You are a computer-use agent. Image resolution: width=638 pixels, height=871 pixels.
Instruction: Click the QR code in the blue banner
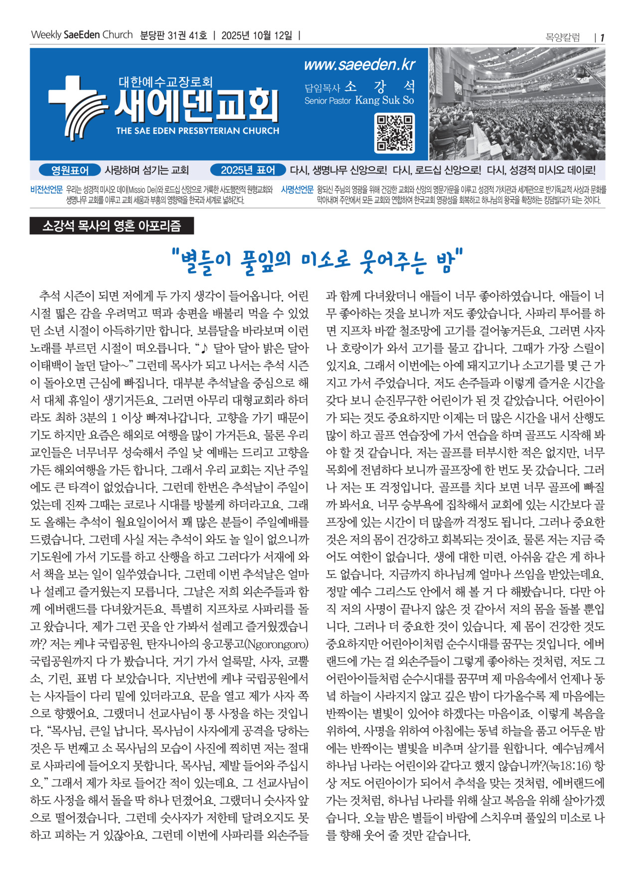pyautogui.click(x=394, y=133)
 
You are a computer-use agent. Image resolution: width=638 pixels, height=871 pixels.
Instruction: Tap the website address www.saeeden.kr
pyautogui.click(x=359, y=65)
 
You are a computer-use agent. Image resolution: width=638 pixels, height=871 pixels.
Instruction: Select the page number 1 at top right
pyautogui.click(x=602, y=38)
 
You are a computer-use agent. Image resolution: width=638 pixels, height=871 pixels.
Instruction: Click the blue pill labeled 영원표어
pyautogui.click(x=70, y=170)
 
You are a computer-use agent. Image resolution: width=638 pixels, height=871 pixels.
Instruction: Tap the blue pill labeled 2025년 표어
pyautogui.click(x=248, y=170)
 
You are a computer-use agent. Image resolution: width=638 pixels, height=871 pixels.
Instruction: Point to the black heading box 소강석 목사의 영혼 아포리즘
pyautogui.click(x=112, y=226)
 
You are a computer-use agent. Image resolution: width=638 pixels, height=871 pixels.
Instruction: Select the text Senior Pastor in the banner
pyautogui.click(x=327, y=101)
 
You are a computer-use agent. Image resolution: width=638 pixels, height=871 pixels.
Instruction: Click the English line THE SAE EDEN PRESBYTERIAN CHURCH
pyautogui.click(x=197, y=131)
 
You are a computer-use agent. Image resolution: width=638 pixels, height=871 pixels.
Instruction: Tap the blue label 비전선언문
pyautogui.click(x=46, y=190)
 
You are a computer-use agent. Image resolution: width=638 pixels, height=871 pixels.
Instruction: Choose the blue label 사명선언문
pyautogui.click(x=297, y=190)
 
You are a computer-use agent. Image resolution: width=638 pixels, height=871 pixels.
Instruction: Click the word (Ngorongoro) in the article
pyautogui.click(x=277, y=644)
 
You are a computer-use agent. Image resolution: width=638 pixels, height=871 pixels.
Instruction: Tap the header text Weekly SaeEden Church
pyautogui.click(x=82, y=35)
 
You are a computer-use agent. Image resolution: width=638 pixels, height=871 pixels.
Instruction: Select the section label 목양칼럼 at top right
pyautogui.click(x=563, y=38)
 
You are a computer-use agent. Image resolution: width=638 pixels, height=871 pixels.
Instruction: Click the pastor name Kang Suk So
pyautogui.click(x=384, y=101)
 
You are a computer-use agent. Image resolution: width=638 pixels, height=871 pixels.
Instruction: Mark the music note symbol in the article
pyautogui.click(x=205, y=348)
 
